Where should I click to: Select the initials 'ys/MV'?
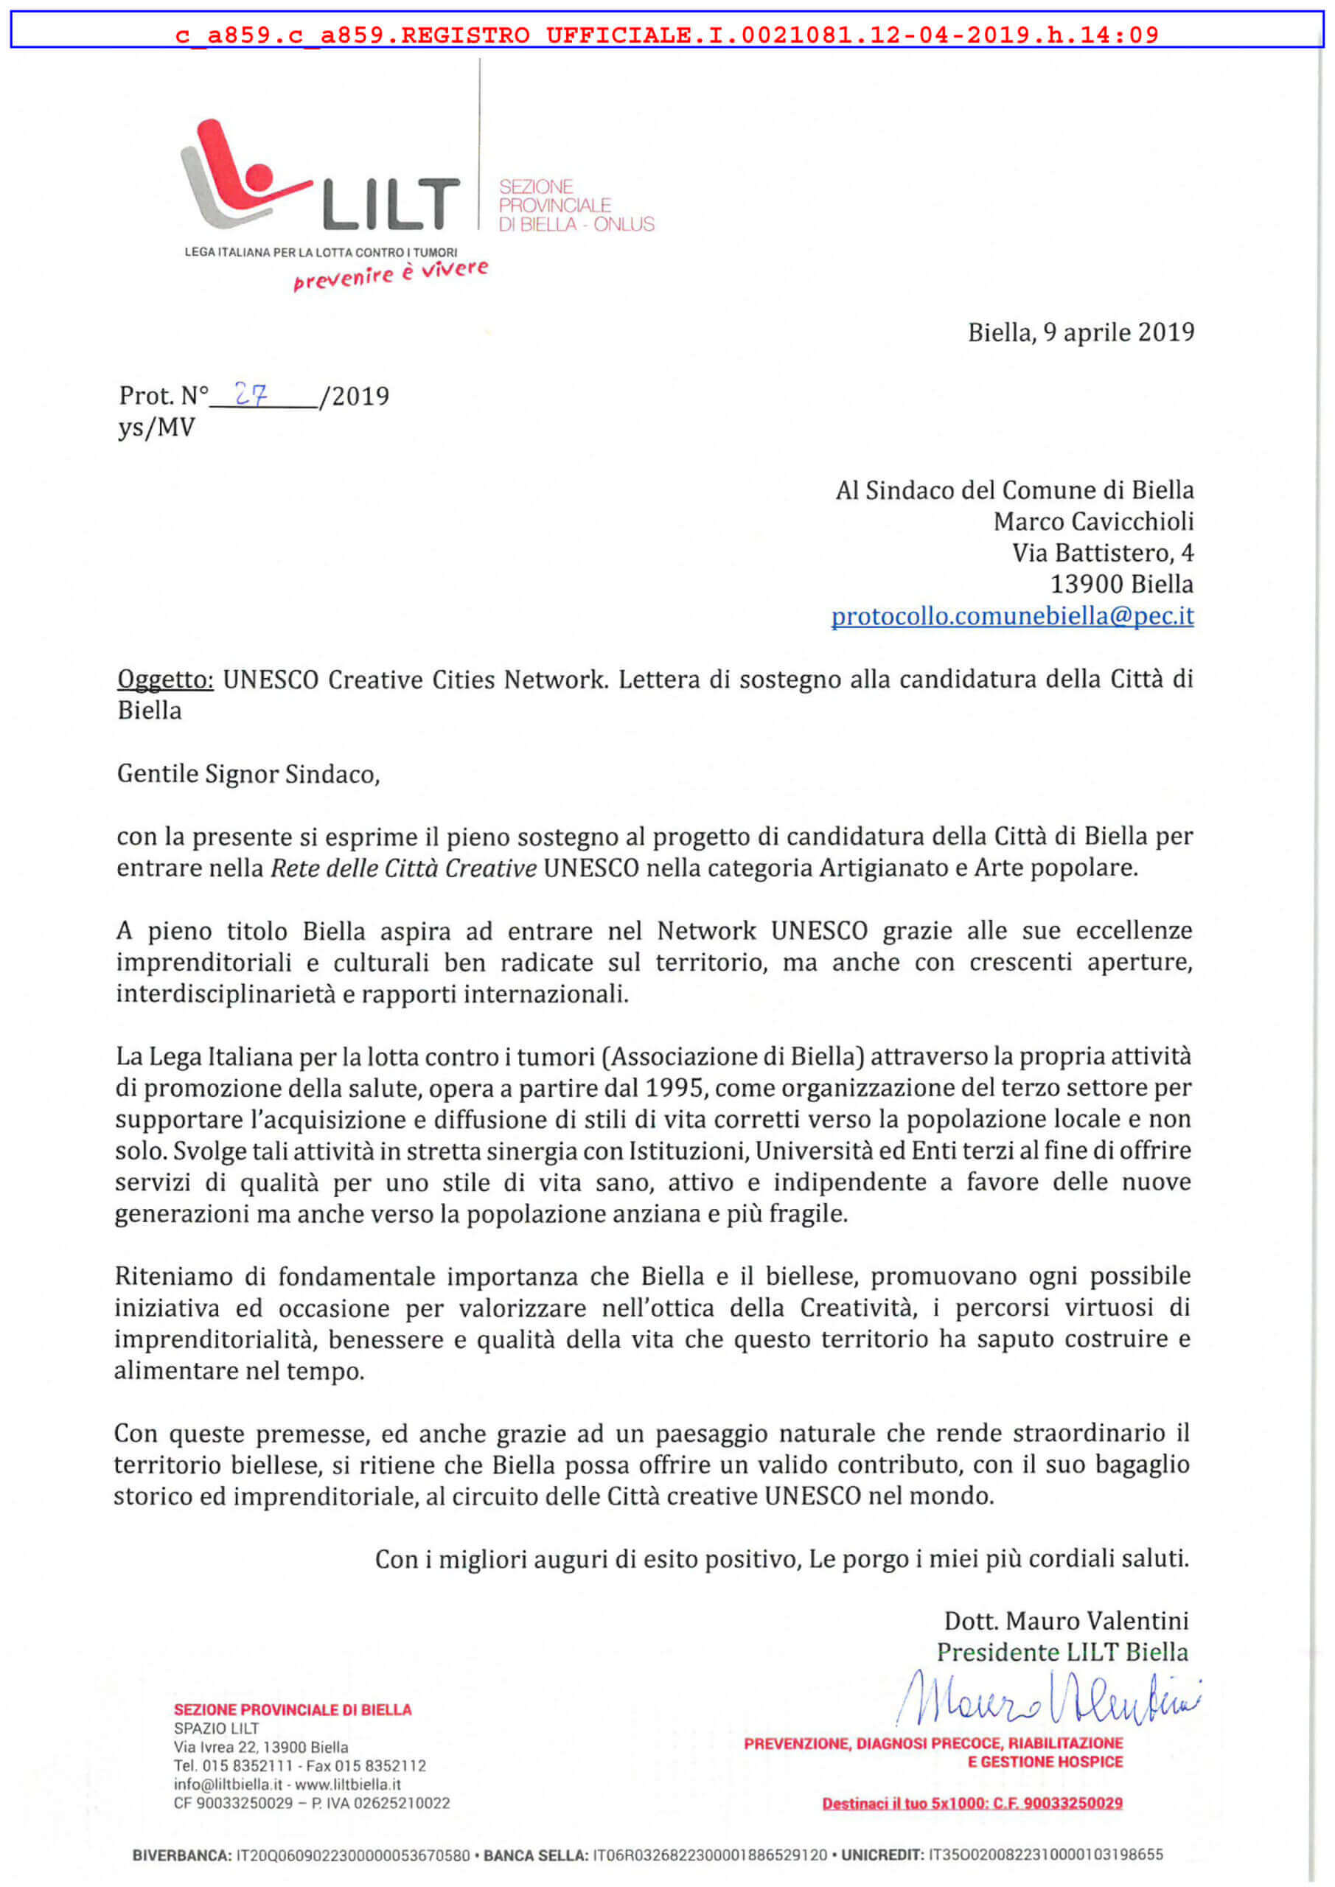pos(156,428)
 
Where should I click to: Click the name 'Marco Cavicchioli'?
pos(1093,521)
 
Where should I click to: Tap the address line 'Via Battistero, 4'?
pos(1102,552)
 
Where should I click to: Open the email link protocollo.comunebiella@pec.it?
pos(1012,615)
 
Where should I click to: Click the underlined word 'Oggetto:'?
pos(165,679)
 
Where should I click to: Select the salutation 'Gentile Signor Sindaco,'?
pos(248,773)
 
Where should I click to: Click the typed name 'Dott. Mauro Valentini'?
pos(1066,1621)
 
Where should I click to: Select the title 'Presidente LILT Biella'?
pos(1062,1652)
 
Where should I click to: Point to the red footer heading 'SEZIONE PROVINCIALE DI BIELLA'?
pos(293,1709)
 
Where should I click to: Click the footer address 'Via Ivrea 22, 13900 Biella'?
pos(261,1747)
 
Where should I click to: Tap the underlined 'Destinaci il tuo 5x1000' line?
pos(972,1803)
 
